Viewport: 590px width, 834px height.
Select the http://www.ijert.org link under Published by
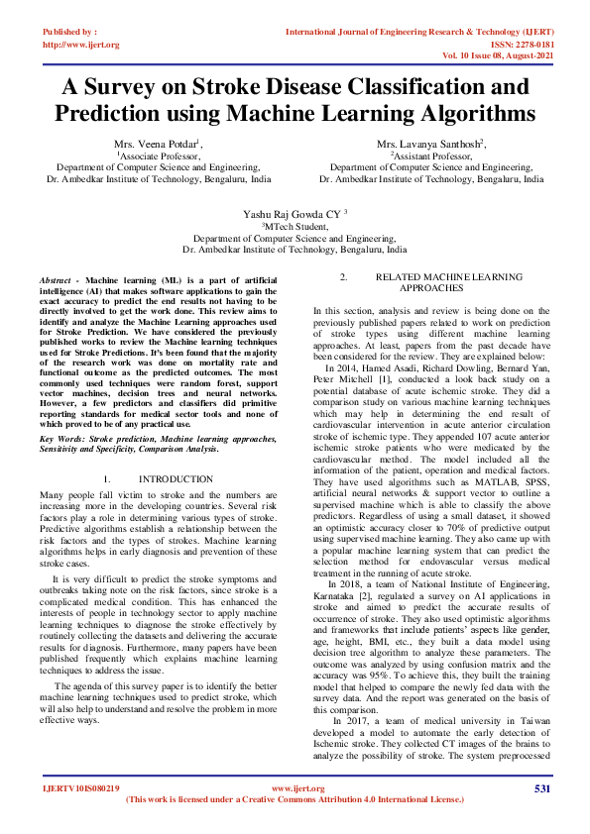(x=80, y=45)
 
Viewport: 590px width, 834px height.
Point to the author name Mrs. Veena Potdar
(x=156, y=145)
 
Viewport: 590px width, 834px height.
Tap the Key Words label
(x=61, y=437)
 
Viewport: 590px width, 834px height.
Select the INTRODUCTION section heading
(x=176, y=478)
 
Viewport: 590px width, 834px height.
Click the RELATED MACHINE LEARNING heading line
(x=443, y=276)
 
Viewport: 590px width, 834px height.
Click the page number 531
(x=541, y=788)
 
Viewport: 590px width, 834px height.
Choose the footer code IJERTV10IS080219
(x=80, y=788)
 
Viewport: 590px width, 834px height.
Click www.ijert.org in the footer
(x=294, y=788)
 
